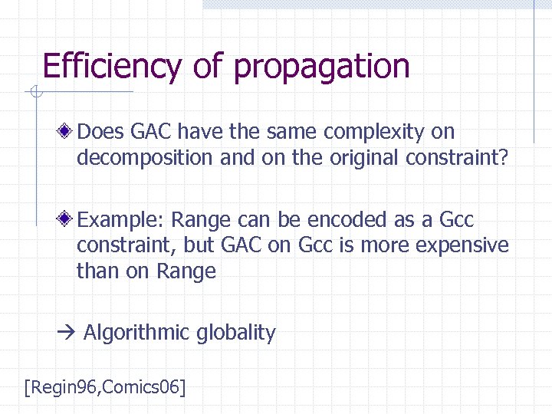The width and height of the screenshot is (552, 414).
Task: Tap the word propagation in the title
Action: (322, 68)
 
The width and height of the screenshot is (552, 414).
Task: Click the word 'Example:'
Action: (121, 221)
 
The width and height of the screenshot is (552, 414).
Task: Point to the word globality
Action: (236, 333)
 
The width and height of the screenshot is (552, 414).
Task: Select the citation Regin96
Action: (63, 387)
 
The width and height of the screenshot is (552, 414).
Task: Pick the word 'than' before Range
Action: (95, 271)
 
